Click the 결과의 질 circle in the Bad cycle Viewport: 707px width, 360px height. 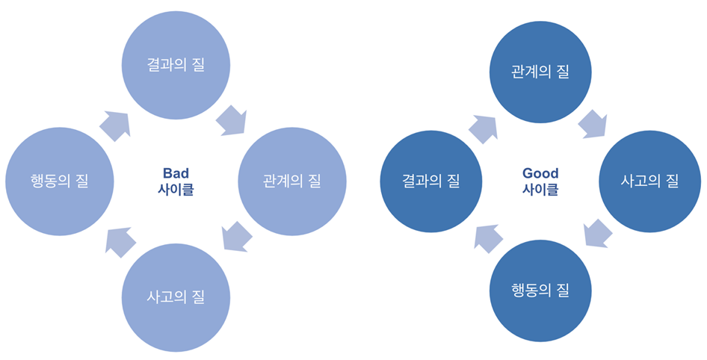[x=176, y=66]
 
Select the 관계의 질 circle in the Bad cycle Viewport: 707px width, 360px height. [x=292, y=181]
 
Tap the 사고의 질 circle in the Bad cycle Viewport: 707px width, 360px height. [x=176, y=296]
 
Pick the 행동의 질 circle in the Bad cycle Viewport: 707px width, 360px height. [x=59, y=181]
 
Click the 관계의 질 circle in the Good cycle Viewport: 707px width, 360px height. [x=540, y=72]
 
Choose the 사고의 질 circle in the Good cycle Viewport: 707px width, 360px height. [x=650, y=181]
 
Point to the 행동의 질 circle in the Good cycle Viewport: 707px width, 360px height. [x=540, y=290]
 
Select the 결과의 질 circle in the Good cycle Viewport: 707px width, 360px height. [x=431, y=181]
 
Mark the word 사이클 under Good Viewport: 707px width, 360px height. [x=540, y=190]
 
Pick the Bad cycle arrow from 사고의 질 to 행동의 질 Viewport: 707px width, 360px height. [x=120, y=240]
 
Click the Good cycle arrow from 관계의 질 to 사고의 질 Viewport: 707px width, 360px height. [x=594, y=123]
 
